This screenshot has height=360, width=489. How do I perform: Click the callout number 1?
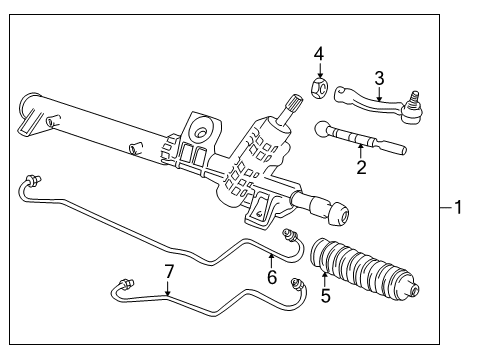tap(458, 207)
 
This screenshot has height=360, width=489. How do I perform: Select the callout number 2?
tap(361, 167)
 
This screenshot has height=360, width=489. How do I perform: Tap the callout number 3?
tap(379, 79)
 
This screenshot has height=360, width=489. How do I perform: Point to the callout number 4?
tap(319, 54)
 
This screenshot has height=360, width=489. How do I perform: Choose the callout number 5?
tap(326, 295)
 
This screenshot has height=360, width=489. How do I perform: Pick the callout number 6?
tap(272, 277)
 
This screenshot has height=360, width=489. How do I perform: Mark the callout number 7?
tap(169, 272)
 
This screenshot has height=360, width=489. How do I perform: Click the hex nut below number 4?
tap(319, 87)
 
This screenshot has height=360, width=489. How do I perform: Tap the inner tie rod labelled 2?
tap(360, 138)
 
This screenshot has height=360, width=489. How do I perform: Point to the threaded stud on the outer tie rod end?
tap(414, 98)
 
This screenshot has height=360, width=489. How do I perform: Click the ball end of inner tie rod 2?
tap(322, 129)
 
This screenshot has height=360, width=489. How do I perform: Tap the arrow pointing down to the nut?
tap(319, 71)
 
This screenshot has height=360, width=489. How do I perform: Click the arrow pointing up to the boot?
tap(324, 280)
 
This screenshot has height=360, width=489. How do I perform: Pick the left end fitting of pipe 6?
tap(33, 180)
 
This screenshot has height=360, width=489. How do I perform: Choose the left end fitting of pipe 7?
tap(127, 283)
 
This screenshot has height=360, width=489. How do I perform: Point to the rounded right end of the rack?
tap(339, 214)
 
